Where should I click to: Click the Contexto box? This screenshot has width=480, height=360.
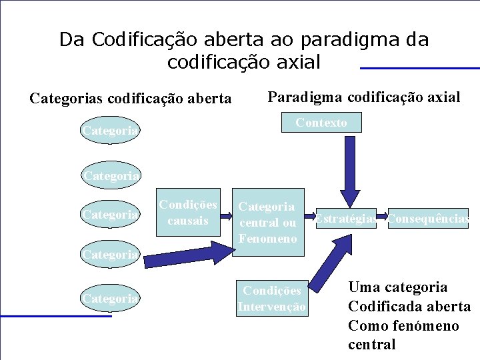tap(321, 123)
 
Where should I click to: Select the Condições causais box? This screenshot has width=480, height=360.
tap(187, 213)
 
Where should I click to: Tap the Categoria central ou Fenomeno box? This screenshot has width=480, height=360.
tap(267, 223)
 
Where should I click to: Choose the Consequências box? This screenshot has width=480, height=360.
tap(429, 218)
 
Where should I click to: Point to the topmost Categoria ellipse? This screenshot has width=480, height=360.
tap(111, 131)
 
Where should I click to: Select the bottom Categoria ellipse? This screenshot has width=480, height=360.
tap(111, 299)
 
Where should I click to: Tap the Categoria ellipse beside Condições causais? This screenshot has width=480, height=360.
tap(111, 215)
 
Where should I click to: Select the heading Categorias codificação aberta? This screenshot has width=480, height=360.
tap(131, 99)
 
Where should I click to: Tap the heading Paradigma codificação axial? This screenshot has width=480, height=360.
tap(363, 97)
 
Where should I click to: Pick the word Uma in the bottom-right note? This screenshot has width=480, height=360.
tap(364, 287)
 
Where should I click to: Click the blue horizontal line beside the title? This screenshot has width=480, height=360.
tap(419, 68)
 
